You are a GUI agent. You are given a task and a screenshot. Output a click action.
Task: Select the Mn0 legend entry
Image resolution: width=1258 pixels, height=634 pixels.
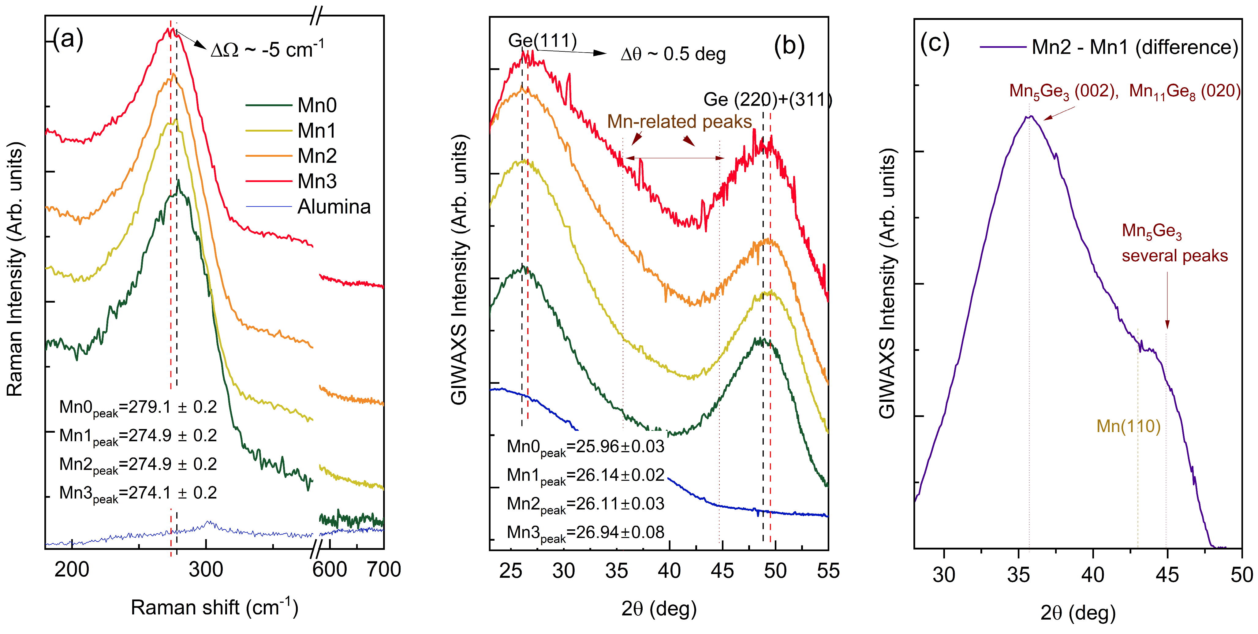[x=317, y=105]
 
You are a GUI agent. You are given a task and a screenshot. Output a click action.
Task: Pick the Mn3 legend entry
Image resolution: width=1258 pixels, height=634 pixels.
[x=317, y=181]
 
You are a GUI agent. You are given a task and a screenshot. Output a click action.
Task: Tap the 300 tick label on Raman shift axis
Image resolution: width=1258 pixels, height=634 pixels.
[x=206, y=569]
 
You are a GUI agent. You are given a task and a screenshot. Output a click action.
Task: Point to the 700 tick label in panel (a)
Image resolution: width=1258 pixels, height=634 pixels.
[x=384, y=569]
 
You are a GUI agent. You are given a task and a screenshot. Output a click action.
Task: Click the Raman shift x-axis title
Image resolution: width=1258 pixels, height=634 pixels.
[x=214, y=607]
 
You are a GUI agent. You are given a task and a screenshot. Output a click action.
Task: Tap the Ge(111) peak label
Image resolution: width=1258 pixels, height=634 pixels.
[x=542, y=40]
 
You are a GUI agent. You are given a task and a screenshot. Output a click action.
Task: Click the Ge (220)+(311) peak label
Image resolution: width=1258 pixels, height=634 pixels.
[x=767, y=100]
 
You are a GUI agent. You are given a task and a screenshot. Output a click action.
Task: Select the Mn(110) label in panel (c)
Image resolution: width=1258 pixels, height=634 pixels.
[x=1128, y=426]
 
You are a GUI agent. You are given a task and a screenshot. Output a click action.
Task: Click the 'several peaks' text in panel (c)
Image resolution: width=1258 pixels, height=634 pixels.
[x=1174, y=255]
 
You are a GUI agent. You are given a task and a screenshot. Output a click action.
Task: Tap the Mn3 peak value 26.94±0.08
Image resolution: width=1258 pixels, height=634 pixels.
[x=585, y=532]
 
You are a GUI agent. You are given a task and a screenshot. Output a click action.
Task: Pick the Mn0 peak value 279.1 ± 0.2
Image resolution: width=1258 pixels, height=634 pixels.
[x=138, y=407]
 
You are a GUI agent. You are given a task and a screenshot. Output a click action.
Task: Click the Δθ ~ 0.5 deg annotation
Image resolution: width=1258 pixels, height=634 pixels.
[x=673, y=54]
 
